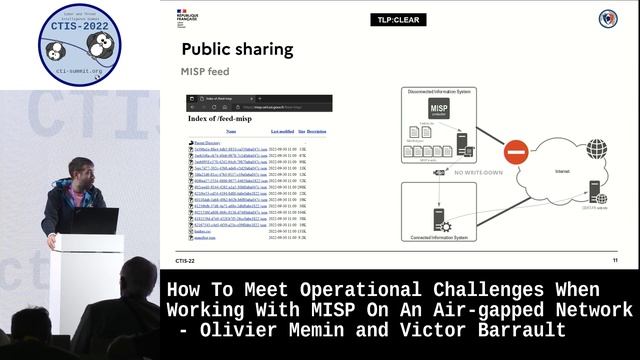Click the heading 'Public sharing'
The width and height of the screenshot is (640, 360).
click(237, 49)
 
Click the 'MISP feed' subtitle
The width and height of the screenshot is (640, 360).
click(204, 72)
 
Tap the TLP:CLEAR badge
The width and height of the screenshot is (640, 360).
click(396, 19)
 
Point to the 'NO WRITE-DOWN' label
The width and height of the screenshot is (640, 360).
click(478, 173)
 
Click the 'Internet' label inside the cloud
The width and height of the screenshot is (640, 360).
click(562, 172)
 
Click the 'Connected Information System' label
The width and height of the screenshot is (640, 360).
click(439, 237)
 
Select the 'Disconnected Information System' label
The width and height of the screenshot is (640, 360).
click(437, 91)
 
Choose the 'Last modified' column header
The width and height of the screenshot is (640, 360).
click(282, 132)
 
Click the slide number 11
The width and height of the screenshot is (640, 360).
click(615, 260)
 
